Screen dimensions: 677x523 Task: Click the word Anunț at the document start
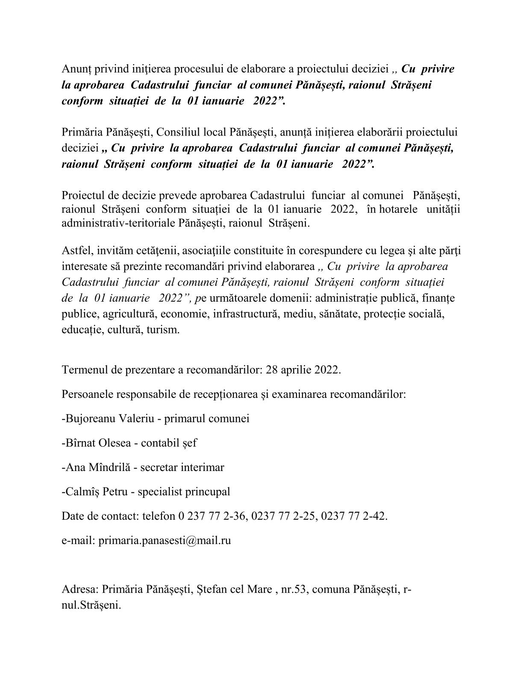click(75, 69)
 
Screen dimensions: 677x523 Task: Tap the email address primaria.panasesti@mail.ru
click(165, 540)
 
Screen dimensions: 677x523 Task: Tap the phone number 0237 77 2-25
click(284, 516)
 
